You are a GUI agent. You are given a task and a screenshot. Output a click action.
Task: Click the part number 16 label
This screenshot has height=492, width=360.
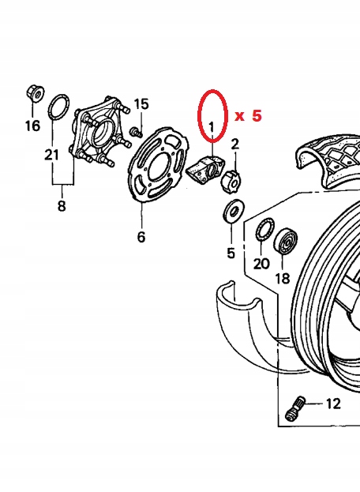coord(32,125)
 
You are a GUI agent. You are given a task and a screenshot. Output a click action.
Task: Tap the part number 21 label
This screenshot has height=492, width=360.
coord(51,155)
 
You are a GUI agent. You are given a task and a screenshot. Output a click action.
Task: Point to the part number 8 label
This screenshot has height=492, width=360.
coord(62,207)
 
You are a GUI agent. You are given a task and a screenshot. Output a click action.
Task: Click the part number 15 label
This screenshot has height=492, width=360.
coord(141,104)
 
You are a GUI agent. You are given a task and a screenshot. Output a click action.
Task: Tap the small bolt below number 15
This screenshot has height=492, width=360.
coord(136,129)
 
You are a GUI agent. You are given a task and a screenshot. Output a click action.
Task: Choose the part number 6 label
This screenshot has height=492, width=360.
coord(141,237)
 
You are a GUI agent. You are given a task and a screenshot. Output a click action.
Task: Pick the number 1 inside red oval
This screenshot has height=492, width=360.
coord(212,126)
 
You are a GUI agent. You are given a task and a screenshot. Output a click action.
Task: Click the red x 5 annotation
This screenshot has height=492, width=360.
coord(248,115)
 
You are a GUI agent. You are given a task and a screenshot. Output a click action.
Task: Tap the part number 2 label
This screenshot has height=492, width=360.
coord(234,144)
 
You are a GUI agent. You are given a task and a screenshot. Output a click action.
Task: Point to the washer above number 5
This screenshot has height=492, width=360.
coord(232,212)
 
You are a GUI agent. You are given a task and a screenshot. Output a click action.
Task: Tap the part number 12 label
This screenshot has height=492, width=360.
coord(332,404)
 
